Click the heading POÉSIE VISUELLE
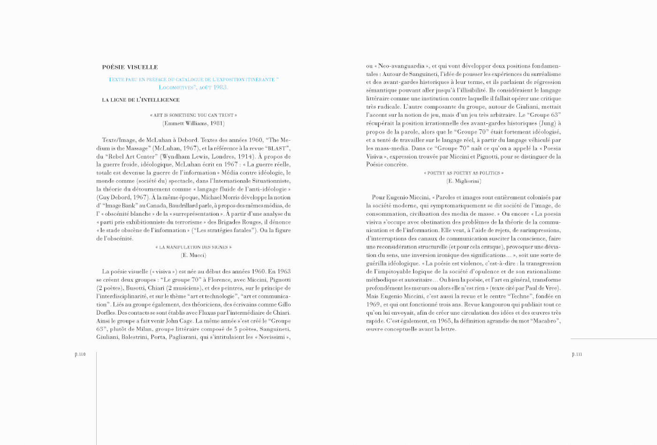pyautogui.click(x=130, y=67)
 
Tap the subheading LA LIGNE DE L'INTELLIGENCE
pyautogui.click(x=141, y=100)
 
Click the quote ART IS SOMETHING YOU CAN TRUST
pyautogui.click(x=193, y=115)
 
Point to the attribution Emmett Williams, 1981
pyautogui.click(x=193, y=123)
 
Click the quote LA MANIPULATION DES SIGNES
pyautogui.click(x=193, y=247)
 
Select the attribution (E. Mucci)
pyautogui.click(x=193, y=255)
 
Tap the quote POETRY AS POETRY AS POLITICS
pyautogui.click(x=464, y=173)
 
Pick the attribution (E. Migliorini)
pyautogui.click(x=464, y=181)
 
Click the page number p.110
pyautogui.click(x=80, y=354)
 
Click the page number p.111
pyautogui.click(x=577, y=354)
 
